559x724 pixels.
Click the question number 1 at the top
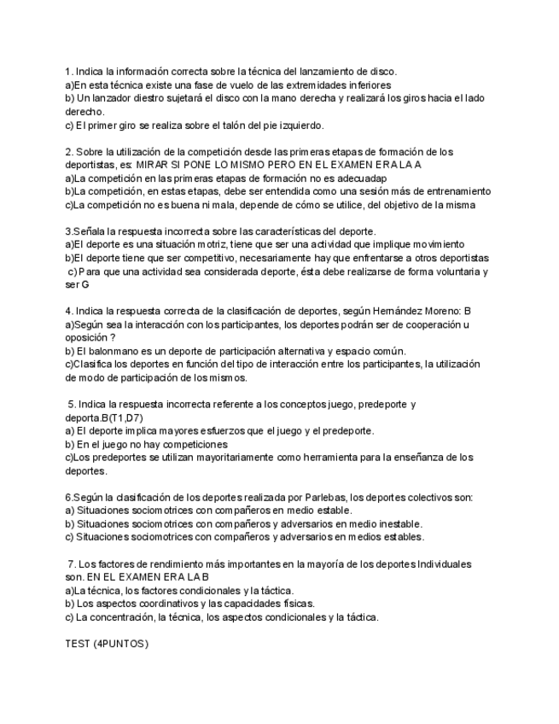[68, 72]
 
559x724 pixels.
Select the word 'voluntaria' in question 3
[447, 271]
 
